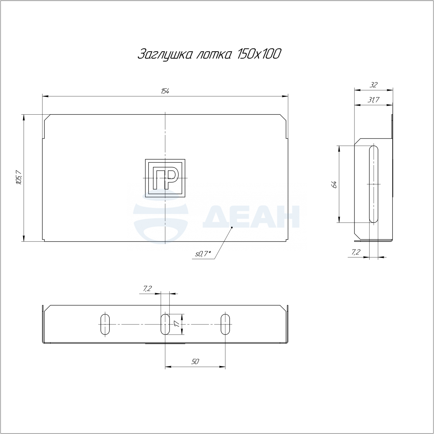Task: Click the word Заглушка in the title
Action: coord(165,55)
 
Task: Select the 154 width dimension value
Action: coord(165,91)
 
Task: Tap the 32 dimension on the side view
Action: coord(373,85)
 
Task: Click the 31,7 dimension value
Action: coord(373,99)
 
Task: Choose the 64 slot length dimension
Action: coord(335,184)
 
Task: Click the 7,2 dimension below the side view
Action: coord(356,252)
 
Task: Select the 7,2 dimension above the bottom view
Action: coord(148,289)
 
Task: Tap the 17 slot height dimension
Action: coord(177,324)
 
